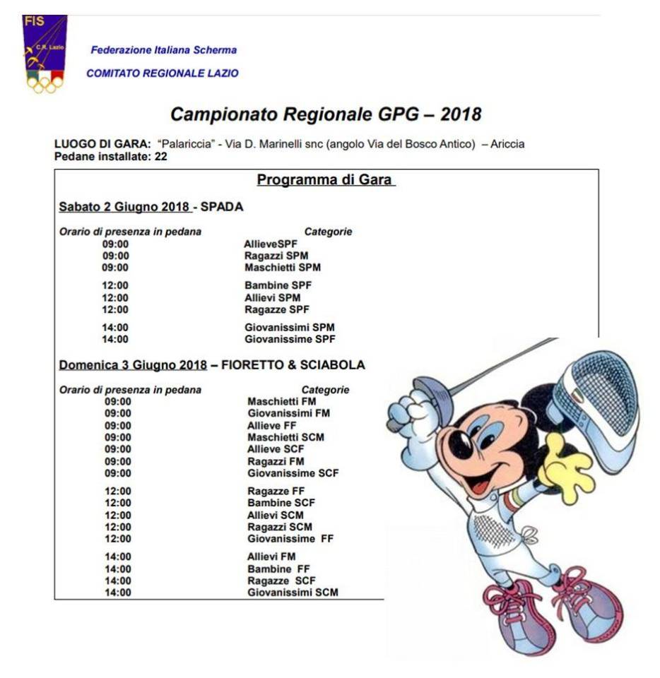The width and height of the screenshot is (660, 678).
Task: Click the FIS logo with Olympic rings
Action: (x=45, y=54)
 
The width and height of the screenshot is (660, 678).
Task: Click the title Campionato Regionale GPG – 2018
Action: (x=326, y=114)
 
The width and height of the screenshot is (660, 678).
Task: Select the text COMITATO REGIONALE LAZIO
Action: (x=163, y=73)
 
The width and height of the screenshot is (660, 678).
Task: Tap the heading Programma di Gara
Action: (x=326, y=180)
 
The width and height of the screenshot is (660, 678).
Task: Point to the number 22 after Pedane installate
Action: (x=161, y=156)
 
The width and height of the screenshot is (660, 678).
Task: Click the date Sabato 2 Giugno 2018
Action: (x=124, y=207)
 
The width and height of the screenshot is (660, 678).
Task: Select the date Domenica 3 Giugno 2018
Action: (x=133, y=365)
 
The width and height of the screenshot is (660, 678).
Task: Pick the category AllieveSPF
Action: (x=271, y=244)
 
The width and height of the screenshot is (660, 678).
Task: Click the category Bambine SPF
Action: (x=278, y=285)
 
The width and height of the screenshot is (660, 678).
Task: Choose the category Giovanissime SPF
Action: (x=290, y=339)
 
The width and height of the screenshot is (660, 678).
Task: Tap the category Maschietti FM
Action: (x=282, y=402)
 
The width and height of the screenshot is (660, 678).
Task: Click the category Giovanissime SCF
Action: (x=293, y=472)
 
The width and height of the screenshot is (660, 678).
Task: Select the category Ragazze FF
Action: (x=276, y=491)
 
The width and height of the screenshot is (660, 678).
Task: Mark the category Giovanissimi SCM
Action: (x=293, y=592)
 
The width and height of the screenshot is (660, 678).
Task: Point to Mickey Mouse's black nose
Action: (x=461, y=444)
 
